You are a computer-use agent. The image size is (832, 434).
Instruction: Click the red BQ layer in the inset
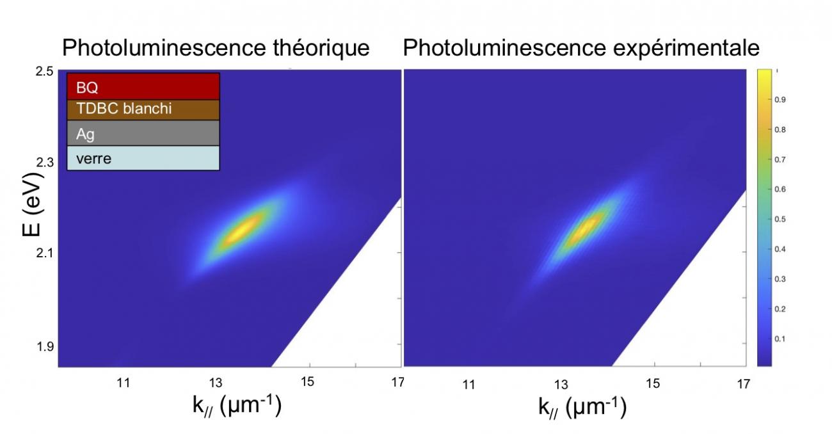[x=143, y=86]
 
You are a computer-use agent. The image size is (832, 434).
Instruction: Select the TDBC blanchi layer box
[x=143, y=109]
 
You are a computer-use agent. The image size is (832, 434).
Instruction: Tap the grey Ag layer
[x=143, y=134]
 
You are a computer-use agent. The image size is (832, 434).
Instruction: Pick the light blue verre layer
[x=143, y=158]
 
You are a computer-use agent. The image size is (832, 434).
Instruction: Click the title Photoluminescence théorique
[x=215, y=48]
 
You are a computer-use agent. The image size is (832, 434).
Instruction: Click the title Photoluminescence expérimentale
[x=581, y=48]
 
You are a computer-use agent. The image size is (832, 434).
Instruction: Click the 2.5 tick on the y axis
[x=45, y=71]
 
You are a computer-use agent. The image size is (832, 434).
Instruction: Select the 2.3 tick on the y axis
[x=45, y=163]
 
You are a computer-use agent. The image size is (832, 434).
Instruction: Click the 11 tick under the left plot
[x=123, y=383]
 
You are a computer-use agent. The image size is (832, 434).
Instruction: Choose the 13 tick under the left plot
[x=216, y=383]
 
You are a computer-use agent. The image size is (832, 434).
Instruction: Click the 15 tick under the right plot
[x=652, y=384]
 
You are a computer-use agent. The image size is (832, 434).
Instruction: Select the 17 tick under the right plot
[x=742, y=384]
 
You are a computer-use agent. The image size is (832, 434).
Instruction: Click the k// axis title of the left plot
[x=237, y=407]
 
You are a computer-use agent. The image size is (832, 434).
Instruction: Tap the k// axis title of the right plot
[x=582, y=407]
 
